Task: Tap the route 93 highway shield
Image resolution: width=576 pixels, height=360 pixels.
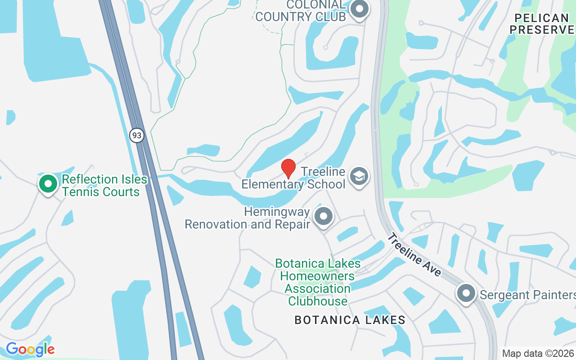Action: [x=137, y=135]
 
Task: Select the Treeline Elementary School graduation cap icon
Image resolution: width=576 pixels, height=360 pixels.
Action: [x=359, y=176]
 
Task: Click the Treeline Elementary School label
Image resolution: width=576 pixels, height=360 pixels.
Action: [x=293, y=178]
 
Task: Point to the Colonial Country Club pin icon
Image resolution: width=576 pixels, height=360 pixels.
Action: [x=359, y=9]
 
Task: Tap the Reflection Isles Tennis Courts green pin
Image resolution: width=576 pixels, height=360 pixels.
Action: [x=48, y=184]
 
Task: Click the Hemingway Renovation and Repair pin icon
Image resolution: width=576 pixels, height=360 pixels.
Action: [x=323, y=216]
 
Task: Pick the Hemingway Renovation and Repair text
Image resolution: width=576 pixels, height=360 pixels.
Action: [x=247, y=218]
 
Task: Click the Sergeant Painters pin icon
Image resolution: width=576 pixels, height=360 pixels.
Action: [x=466, y=293]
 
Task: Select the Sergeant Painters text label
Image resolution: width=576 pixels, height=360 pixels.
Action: [x=527, y=295]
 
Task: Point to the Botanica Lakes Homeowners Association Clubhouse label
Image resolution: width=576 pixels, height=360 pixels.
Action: [x=318, y=282]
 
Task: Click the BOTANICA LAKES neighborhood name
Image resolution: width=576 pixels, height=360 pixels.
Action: [x=350, y=320]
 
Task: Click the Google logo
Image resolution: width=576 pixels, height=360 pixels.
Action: [x=30, y=349]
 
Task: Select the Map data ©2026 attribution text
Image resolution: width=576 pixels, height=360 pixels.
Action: [x=538, y=353]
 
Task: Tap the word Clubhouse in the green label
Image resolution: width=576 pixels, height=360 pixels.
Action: [x=318, y=301]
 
